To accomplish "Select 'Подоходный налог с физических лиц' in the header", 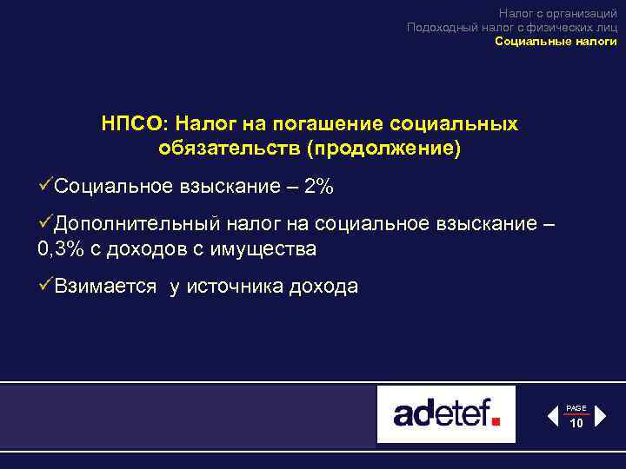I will [x=512, y=27].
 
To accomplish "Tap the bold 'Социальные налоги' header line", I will [x=556, y=41].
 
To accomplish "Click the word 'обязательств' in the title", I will [x=229, y=149].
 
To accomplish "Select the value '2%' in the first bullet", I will [x=318, y=188].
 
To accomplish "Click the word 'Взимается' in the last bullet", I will [x=105, y=287].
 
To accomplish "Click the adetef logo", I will [x=446, y=414].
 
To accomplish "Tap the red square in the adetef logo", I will [x=496, y=422].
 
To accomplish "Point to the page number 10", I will [x=576, y=423].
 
